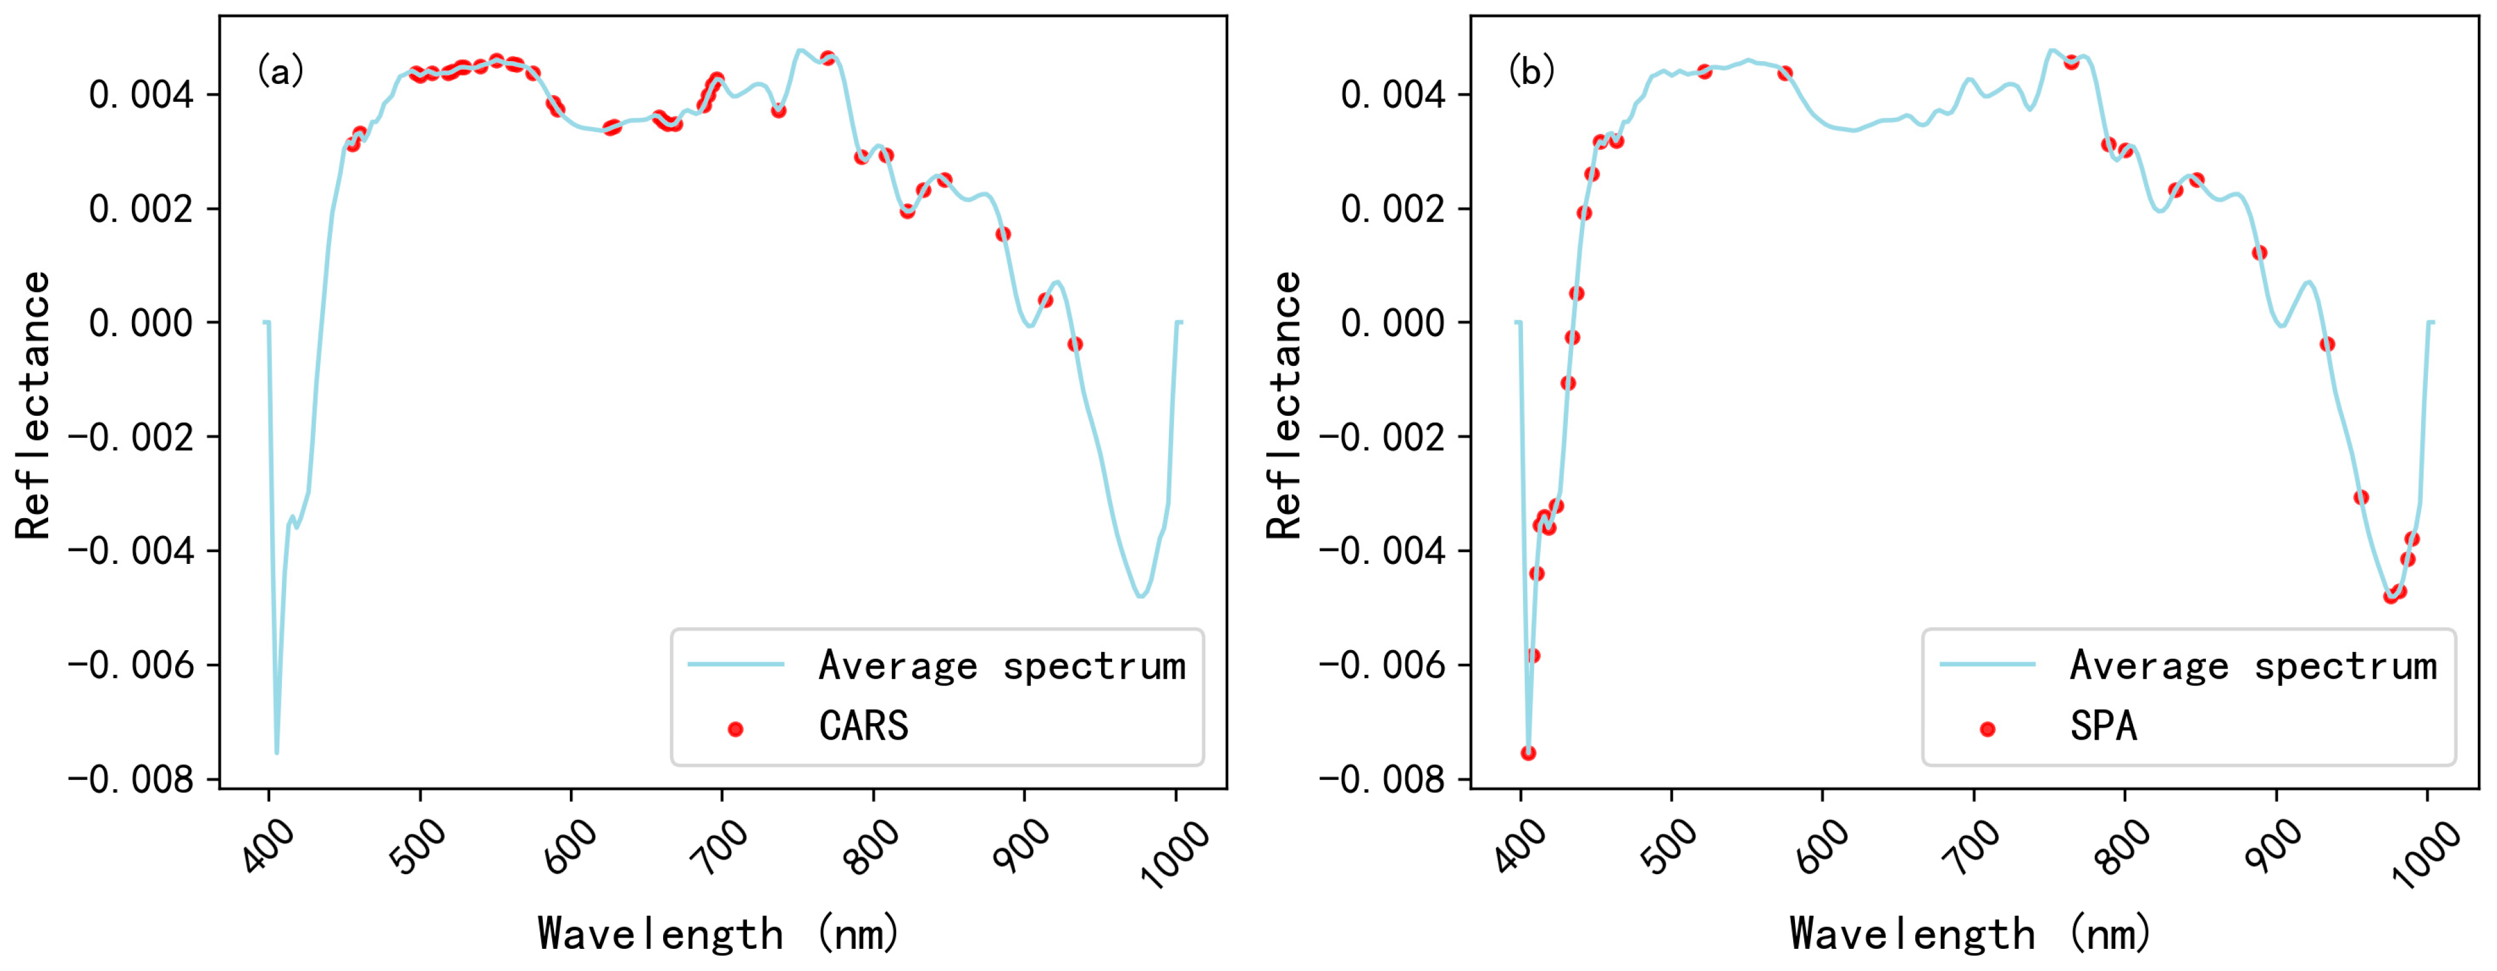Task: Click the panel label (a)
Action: (280, 71)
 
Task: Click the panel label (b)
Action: (1532, 71)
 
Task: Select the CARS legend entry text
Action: (863, 727)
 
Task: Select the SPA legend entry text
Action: (2103, 727)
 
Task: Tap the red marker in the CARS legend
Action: (736, 729)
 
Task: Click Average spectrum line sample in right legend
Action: (1987, 665)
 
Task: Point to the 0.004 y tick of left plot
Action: (141, 95)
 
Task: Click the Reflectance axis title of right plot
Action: (1284, 405)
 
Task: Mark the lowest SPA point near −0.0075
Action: (1529, 753)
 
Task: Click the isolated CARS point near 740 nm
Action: (778, 110)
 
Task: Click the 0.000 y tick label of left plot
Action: (141, 323)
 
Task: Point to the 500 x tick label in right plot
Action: (1669, 845)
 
